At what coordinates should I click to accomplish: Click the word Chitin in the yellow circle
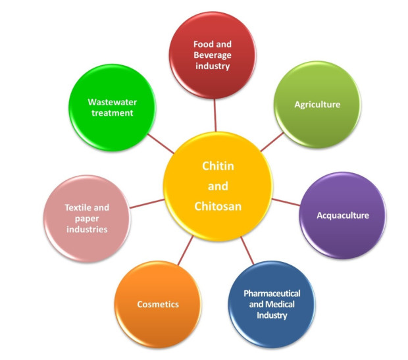point(218,166)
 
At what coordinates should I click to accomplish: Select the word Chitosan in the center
point(218,206)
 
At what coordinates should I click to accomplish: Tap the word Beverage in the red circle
point(213,55)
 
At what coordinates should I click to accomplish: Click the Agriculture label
point(317,105)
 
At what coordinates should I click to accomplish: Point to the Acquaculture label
point(343,215)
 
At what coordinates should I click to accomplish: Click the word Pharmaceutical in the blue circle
point(272,294)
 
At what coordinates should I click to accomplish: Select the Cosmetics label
point(158,304)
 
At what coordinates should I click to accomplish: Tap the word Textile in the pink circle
point(77,207)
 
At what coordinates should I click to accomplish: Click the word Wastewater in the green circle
point(112,102)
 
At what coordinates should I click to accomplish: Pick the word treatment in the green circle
point(112,113)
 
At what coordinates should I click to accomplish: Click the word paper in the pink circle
point(87,219)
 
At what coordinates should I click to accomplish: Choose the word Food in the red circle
point(203,44)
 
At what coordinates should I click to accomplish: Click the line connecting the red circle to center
point(215,115)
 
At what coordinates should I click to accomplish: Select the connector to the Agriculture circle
point(272,142)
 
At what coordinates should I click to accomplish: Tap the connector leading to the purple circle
point(286,202)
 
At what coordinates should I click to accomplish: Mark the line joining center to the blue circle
point(247,250)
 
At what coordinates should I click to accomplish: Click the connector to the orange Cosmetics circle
point(186,250)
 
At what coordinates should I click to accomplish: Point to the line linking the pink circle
point(147,204)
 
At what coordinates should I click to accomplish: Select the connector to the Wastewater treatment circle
point(161,143)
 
